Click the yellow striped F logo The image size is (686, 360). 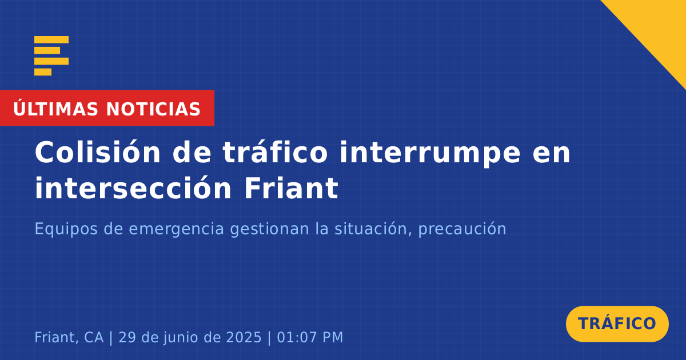(51, 56)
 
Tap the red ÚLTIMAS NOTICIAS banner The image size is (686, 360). (107, 108)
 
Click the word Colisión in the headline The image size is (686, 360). (98, 153)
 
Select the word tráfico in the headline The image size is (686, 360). (275, 153)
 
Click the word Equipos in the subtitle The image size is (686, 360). (66, 229)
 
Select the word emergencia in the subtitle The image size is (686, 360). (177, 229)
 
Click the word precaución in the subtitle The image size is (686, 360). (462, 229)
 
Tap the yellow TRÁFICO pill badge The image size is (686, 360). (617, 324)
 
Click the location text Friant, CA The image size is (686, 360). (69, 337)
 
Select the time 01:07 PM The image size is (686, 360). (310, 337)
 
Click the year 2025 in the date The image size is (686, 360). (244, 337)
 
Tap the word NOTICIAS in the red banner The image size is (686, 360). (153, 109)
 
